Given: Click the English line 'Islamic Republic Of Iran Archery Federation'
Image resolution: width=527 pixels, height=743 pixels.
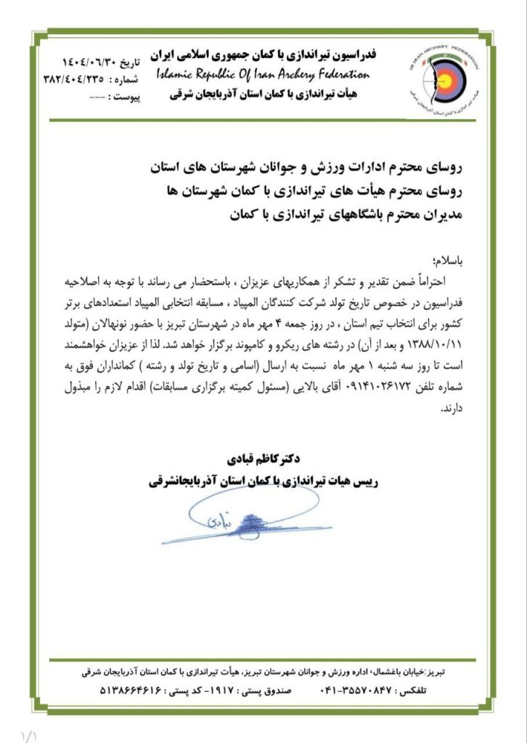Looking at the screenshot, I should click(263, 75).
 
